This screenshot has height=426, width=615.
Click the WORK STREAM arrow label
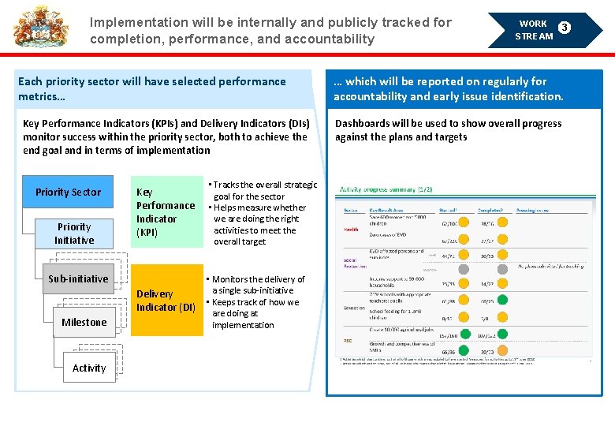point(533,30)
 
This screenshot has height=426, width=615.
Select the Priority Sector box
point(69,192)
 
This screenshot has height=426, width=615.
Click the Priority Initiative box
point(74,234)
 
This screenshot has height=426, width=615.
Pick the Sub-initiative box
point(78,279)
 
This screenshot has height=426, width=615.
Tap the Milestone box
point(84,322)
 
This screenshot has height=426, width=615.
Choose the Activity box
point(89,368)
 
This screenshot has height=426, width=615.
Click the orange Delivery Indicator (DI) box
point(166,300)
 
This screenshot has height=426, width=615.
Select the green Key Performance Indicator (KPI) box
point(166,211)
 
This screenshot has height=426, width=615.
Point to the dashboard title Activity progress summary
point(386,189)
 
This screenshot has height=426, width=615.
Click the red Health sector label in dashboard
point(351,230)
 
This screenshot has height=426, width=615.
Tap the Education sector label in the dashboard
point(354,308)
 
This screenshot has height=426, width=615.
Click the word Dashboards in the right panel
point(361,124)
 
